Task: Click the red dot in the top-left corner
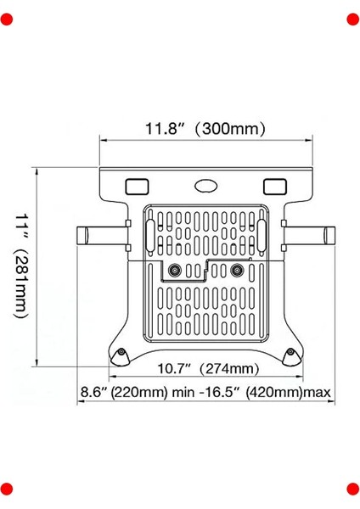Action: tap(7, 20)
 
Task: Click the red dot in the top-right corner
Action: tap(352, 20)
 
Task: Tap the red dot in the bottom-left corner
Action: tap(7, 489)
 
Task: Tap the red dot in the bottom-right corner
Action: tap(352, 489)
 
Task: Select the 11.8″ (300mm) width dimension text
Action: tap(205, 129)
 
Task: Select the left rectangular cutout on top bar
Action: tap(136, 185)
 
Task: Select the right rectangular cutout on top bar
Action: tap(274, 185)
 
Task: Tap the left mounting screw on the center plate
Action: tap(176, 271)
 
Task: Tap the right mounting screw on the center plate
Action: tap(237, 271)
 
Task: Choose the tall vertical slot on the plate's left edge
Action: tap(150, 232)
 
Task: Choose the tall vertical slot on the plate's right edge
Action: tap(262, 232)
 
